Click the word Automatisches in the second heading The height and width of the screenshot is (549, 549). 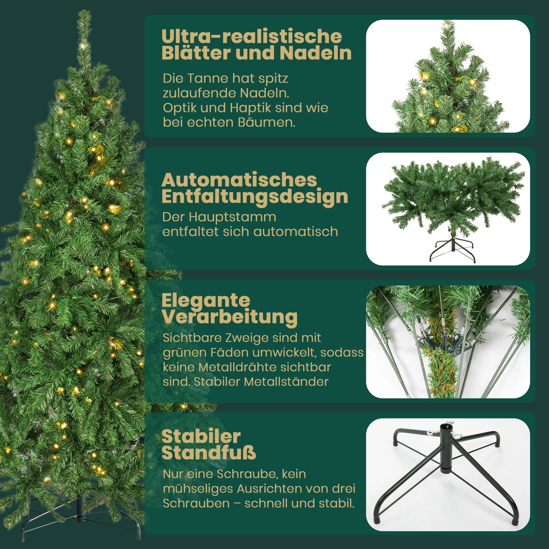click(x=239, y=180)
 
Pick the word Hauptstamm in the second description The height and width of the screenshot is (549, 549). click(x=232, y=217)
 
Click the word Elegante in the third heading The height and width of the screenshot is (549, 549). click(x=206, y=300)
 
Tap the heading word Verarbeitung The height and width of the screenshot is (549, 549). click(x=230, y=317)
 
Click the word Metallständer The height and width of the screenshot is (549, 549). click(x=286, y=382)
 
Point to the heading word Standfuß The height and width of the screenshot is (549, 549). click(x=209, y=453)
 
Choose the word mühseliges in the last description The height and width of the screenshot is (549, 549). click(x=198, y=489)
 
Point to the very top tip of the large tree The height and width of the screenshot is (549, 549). click(x=84, y=12)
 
